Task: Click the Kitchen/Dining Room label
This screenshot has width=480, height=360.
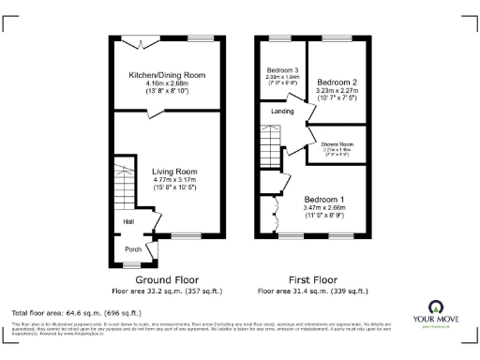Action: click(167, 75)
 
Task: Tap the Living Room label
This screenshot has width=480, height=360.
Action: click(174, 172)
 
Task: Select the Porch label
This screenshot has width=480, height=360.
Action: click(133, 248)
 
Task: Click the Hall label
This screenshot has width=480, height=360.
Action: click(127, 221)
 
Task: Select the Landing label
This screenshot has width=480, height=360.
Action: click(282, 111)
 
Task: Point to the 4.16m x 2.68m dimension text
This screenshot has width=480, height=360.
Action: click(167, 84)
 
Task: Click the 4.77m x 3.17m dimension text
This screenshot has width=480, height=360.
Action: click(174, 181)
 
